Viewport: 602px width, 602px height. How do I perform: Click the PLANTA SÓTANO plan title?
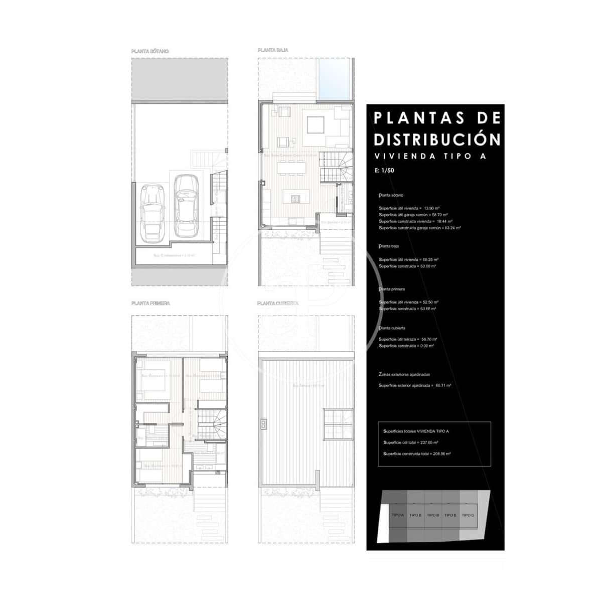149,51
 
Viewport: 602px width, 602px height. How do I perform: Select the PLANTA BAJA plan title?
273,51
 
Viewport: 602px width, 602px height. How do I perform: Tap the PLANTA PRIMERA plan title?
150,303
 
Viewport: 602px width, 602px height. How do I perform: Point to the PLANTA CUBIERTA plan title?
277,303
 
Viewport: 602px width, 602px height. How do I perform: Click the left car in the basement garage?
152,212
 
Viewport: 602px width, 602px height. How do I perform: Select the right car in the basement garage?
185,206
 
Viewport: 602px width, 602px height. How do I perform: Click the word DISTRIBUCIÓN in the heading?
437,139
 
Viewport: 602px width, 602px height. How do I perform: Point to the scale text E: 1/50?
384,171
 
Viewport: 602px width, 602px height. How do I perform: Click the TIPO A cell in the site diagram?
397,515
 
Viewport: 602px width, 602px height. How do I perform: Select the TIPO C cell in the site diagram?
468,515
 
